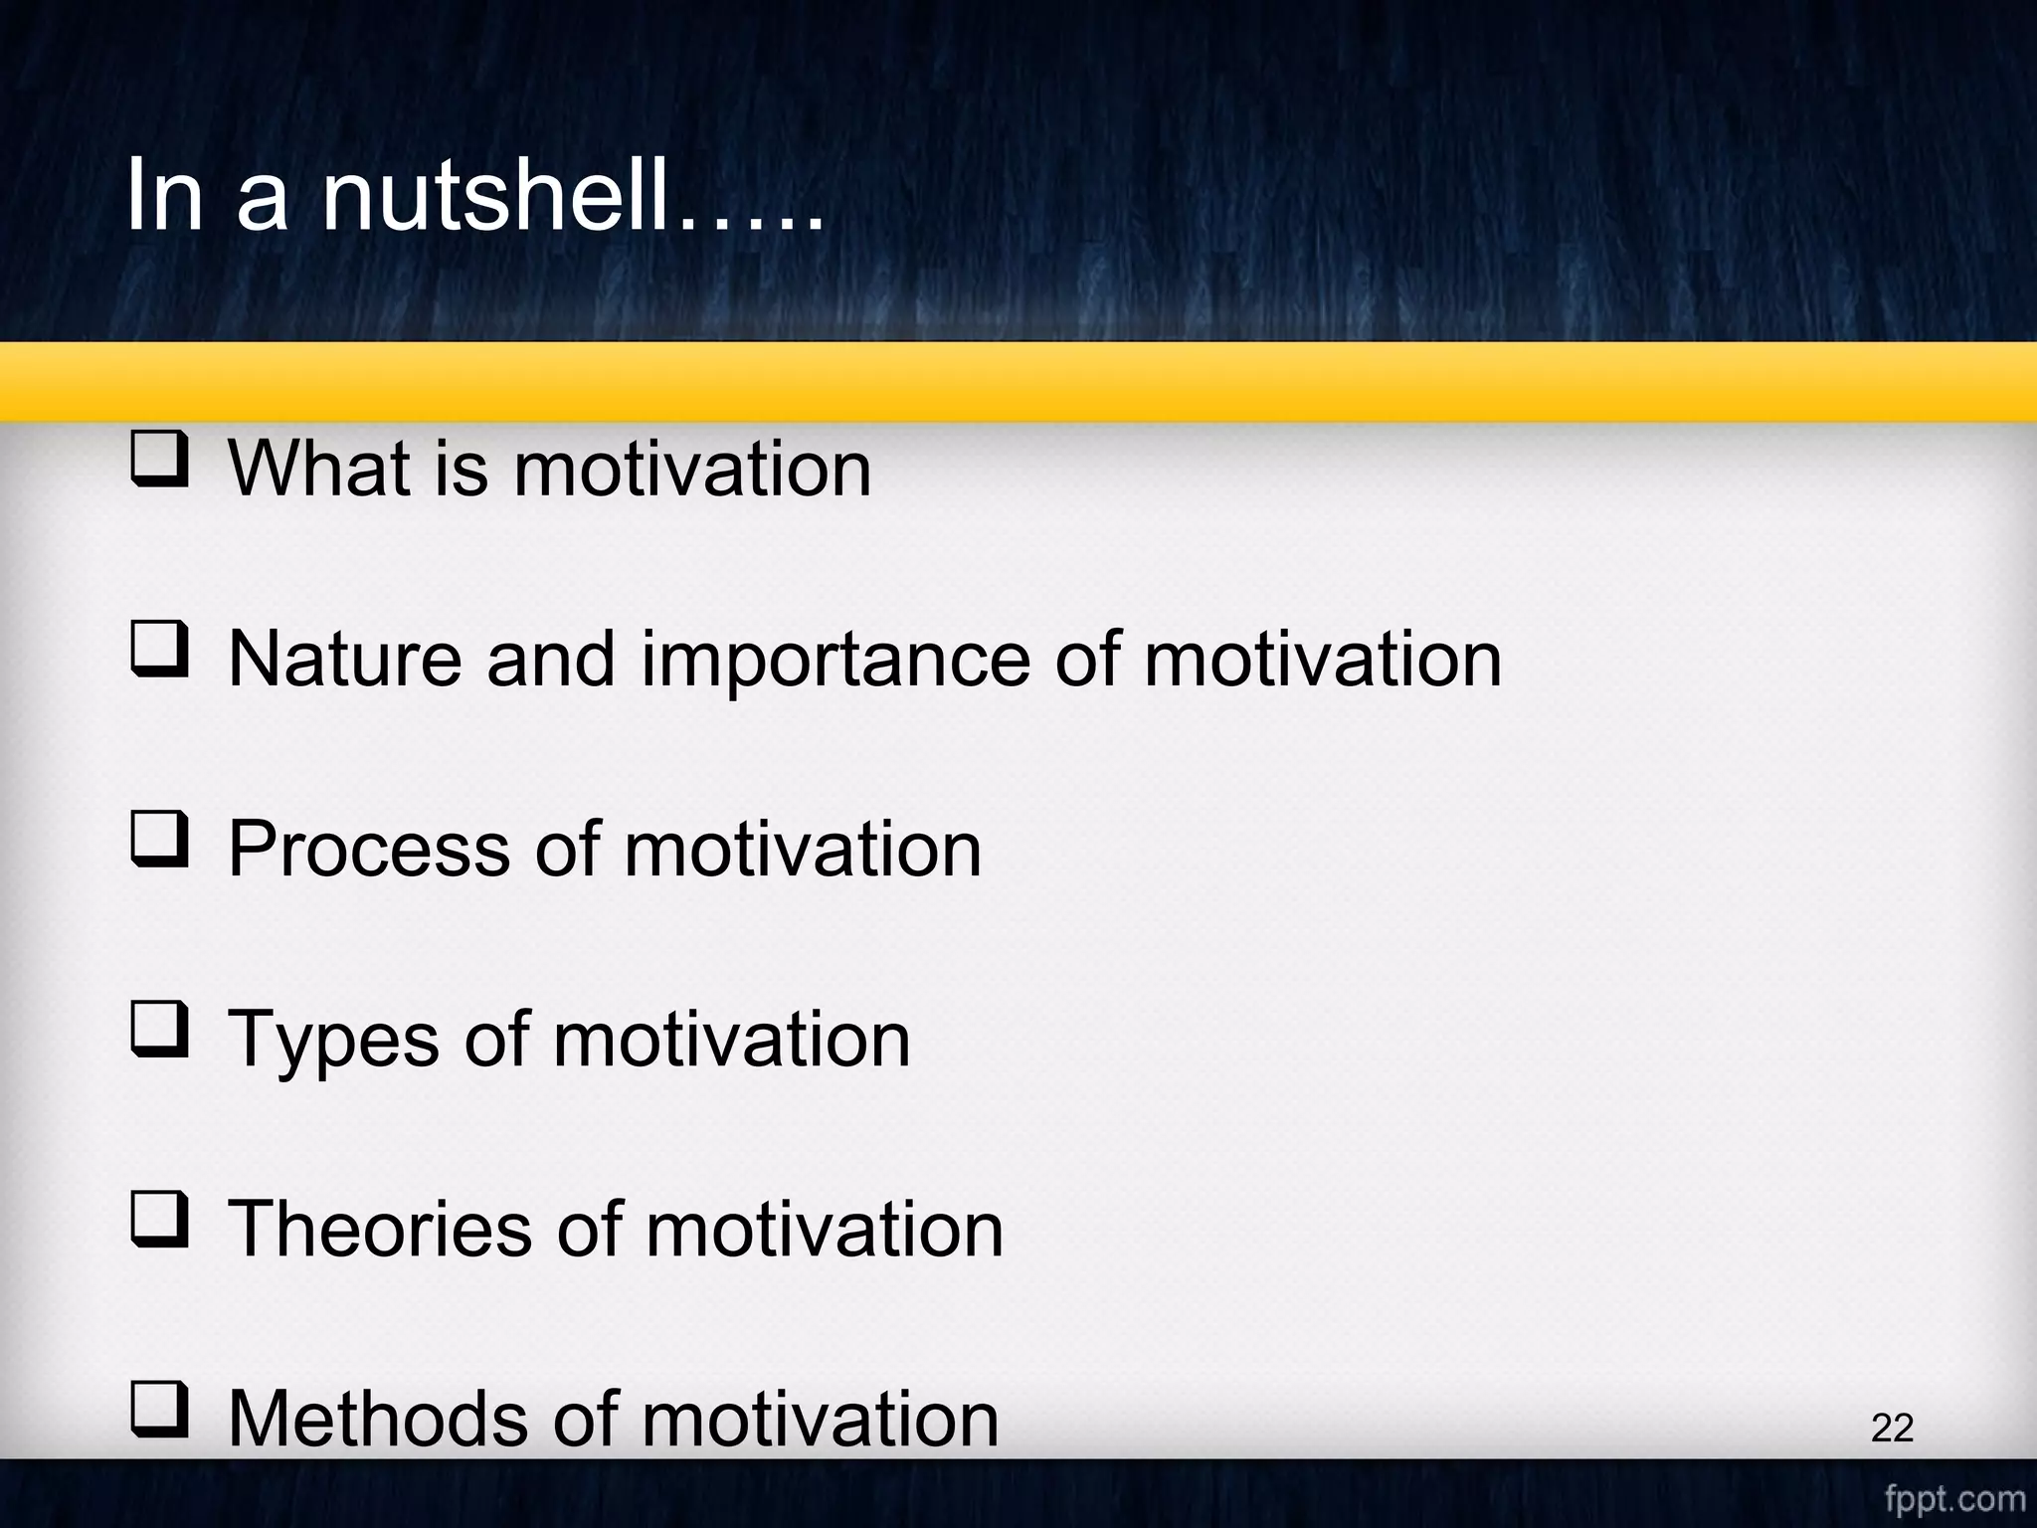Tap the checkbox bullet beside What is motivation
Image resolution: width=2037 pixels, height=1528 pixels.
(159, 459)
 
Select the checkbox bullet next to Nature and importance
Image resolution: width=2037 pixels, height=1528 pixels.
(159, 650)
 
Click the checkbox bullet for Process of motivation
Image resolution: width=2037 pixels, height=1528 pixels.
(159, 840)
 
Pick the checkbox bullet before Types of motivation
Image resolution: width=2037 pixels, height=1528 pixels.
(159, 1031)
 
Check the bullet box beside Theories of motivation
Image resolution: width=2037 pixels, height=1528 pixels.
(159, 1221)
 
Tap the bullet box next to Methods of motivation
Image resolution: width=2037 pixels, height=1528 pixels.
(159, 1411)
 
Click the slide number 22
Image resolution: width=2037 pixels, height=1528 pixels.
(1892, 1429)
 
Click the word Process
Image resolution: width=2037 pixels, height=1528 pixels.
(369, 850)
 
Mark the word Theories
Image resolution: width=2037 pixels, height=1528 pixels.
(380, 1230)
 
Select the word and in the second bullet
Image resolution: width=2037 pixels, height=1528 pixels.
(550, 659)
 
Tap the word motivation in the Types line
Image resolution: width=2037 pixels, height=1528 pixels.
(731, 1040)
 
